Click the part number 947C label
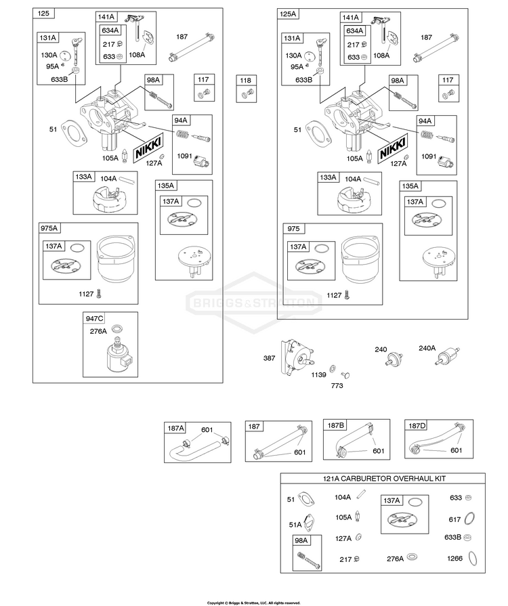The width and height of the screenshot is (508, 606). (94, 318)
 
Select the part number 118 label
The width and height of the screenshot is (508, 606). (245, 81)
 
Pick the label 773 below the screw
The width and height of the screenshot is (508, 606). (337, 385)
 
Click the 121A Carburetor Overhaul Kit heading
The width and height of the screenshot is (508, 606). (384, 479)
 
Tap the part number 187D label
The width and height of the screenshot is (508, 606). (417, 425)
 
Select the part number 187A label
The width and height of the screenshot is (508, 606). (176, 428)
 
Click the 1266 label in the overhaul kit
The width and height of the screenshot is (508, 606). (454, 558)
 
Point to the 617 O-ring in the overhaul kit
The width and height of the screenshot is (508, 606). (469, 518)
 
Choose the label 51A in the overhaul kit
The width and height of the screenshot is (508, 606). (295, 525)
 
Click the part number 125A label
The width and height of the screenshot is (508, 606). (288, 14)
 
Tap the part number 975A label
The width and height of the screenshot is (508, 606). (49, 228)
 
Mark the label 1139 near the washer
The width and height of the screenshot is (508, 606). (318, 374)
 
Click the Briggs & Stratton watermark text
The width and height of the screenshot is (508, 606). (253, 303)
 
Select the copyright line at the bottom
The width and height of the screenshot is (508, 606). (253, 603)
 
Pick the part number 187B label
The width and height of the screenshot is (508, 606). (335, 425)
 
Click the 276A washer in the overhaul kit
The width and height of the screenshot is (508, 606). (412, 557)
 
